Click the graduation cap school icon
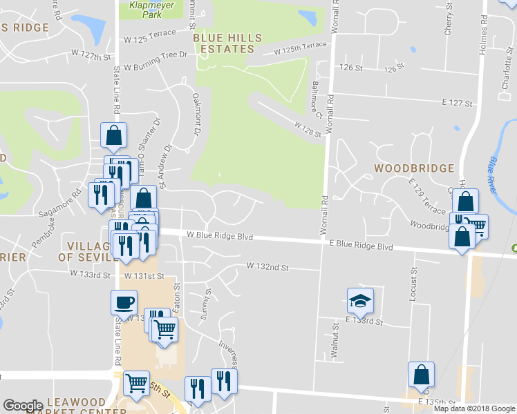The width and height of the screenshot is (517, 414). coord(360,300)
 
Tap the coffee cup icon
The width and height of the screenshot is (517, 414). coord(124,302)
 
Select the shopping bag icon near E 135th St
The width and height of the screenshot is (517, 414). coord(420,375)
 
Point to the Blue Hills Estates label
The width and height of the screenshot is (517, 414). coord(224,43)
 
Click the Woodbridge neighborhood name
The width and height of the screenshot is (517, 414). coord(414,168)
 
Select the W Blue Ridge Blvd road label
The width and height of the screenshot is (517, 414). coord(219,236)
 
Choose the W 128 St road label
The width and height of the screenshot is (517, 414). coord(308,129)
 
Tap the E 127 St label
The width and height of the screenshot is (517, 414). coord(456,102)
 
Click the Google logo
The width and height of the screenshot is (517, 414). coord(23,406)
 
